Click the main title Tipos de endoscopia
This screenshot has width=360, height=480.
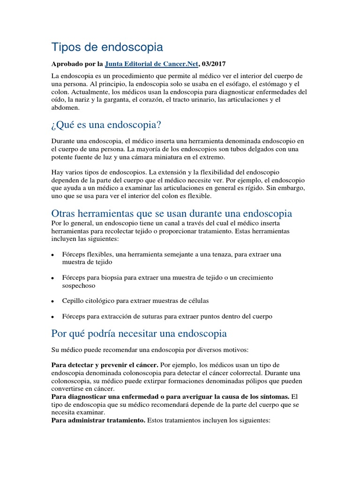pos(107,47)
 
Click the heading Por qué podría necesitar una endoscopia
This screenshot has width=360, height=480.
pos(139,333)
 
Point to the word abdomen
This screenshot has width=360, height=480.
pos(66,107)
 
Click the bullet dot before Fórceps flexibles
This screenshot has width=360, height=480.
pos(53,255)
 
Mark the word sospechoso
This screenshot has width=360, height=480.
pos(78,285)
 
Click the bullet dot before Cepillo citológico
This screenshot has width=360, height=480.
pos(53,301)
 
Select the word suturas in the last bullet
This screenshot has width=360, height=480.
pos(140,316)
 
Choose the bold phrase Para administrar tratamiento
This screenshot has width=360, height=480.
pos(98,420)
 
